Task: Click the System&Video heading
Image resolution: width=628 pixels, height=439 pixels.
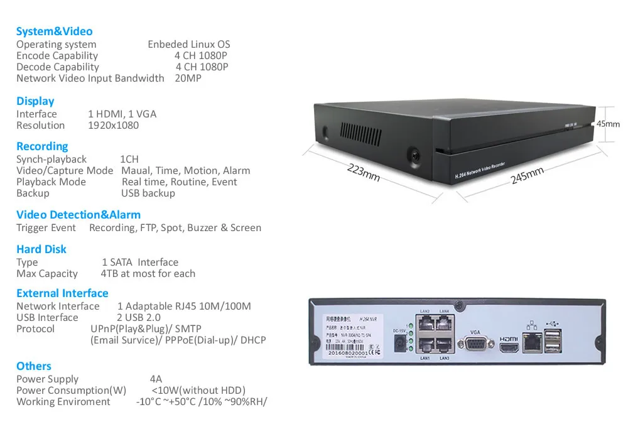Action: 54,31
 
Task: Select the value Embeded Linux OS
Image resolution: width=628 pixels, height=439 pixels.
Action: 189,45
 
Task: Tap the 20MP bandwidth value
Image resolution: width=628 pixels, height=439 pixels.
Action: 188,79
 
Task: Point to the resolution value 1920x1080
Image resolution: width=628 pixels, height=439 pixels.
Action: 114,126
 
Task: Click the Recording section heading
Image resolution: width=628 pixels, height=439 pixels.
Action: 42,146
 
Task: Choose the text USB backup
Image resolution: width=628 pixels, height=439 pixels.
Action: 148,193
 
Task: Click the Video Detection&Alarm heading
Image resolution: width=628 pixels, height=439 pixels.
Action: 78,215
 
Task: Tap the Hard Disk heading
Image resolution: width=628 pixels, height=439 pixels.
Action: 41,249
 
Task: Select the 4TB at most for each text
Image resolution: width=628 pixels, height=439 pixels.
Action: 148,274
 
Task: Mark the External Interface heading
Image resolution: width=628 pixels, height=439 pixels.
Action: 62,293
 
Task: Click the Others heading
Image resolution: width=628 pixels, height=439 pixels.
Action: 34,366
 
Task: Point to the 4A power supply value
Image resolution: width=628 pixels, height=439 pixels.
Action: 156,379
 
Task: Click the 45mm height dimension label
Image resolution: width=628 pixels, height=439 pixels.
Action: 608,124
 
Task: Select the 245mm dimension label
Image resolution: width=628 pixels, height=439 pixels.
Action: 527,175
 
